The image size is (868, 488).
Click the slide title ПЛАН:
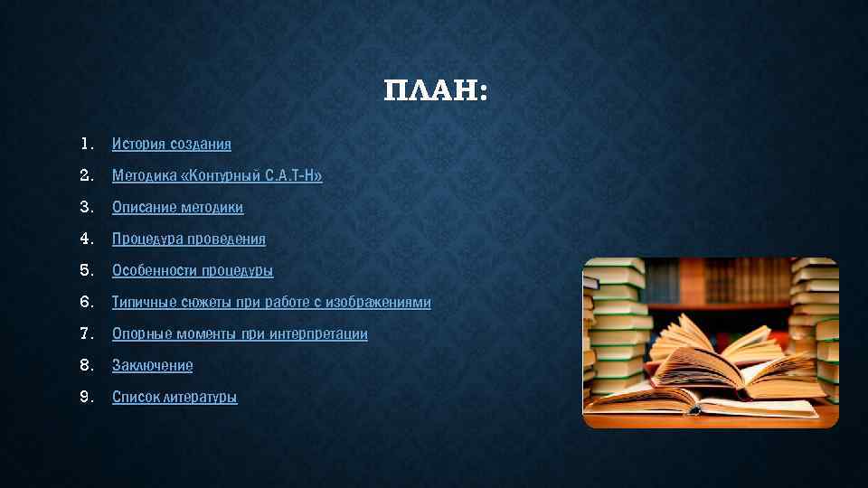tap(435, 91)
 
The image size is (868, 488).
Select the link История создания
tap(172, 144)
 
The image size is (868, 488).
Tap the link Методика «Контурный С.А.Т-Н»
tap(217, 175)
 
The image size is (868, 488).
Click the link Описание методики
tap(177, 207)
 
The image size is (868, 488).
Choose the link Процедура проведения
tap(189, 239)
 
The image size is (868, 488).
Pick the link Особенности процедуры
tap(193, 270)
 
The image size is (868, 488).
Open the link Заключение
tap(152, 365)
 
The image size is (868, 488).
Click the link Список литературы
tap(175, 397)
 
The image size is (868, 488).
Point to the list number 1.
tap(86, 144)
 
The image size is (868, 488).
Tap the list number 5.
tap(86, 270)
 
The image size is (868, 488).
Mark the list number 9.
tap(86, 397)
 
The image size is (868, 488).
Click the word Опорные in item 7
tap(139, 333)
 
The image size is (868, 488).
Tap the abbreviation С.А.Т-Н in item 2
tap(293, 175)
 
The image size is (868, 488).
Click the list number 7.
tap(86, 333)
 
